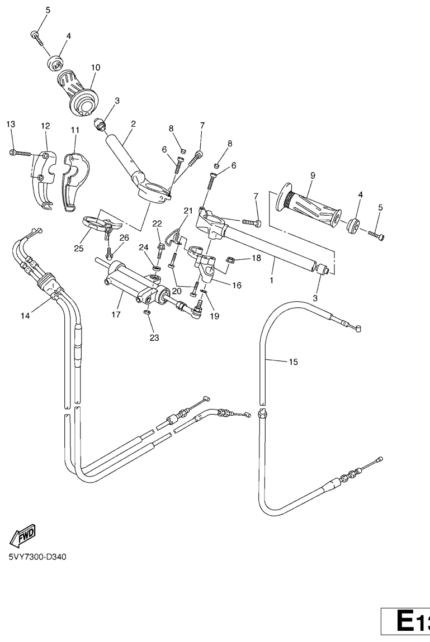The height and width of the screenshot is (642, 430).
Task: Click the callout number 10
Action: pos(96,67)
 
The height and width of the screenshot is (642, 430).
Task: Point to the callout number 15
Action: pos(293,362)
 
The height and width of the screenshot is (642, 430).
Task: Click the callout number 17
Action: pos(116,314)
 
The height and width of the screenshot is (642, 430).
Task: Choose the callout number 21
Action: pos(188,211)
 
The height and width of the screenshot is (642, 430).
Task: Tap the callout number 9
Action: pos(313,175)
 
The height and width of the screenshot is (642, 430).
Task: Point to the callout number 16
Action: pos(237,285)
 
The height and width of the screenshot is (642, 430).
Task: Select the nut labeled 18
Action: pos(229,260)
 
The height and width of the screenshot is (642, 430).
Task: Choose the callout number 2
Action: pos(133,123)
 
